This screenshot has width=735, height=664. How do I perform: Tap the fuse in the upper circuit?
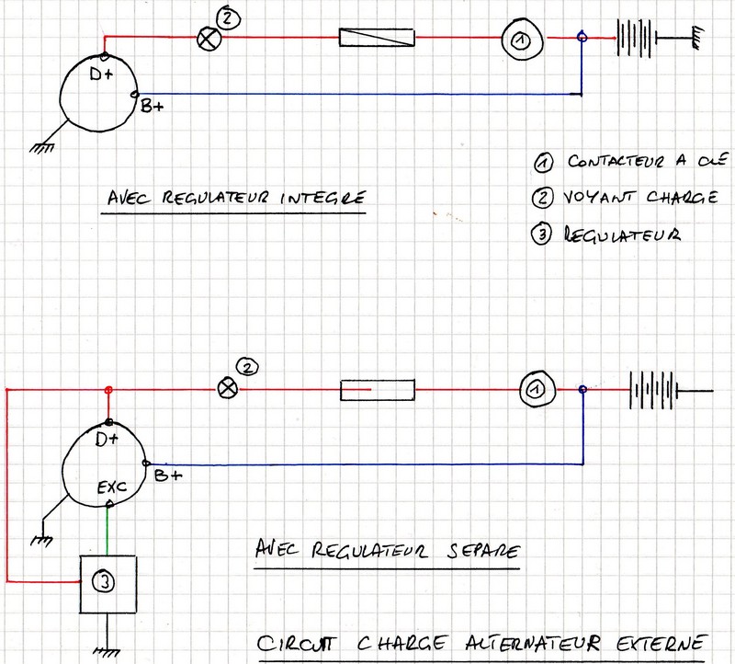[378, 39]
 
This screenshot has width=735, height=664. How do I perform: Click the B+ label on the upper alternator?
[153, 108]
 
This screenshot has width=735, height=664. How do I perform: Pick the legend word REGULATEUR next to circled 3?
[624, 235]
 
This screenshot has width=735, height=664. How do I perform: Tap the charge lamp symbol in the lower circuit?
[226, 389]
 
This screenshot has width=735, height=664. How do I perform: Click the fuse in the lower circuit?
[378, 390]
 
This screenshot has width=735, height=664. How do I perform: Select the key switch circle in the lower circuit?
[532, 390]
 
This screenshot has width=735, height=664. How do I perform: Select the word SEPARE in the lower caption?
[483, 554]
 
